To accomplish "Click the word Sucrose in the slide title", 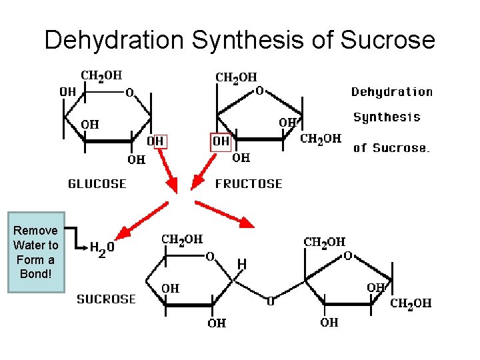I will click(387, 41).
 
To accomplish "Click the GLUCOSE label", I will click(97, 183).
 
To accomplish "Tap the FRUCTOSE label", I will click(249, 183).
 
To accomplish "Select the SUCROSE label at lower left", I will click(106, 299).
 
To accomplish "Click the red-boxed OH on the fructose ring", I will click(221, 141).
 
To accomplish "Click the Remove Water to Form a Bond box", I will click(36, 253).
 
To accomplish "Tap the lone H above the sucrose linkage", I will click(242, 265).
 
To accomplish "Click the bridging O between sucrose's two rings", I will click(271, 302).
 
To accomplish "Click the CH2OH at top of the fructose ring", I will click(236, 77).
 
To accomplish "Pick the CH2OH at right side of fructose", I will click(321, 139).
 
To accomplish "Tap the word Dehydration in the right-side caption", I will click(392, 92).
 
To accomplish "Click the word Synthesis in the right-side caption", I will click(387, 117).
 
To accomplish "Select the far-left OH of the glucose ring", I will click(67, 91).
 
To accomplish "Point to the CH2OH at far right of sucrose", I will click(411, 303).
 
